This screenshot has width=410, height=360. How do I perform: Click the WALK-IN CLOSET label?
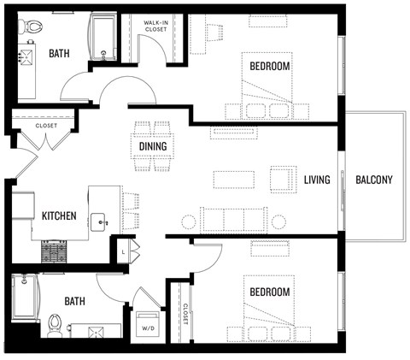pos(155,27)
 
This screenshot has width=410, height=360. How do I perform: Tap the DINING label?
pos(153,146)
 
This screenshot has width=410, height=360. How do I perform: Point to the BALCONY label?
pos(373,180)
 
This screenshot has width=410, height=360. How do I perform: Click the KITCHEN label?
pos(60,215)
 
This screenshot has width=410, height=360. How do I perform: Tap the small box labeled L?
pos(124,251)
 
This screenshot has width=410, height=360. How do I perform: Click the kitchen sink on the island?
pos(103,221)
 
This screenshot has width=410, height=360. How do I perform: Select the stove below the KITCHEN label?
pos(56,251)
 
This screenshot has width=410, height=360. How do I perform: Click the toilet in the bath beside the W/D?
pos(56,323)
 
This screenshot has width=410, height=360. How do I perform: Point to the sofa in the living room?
pos(232,220)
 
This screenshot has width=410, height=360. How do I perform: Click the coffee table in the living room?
pos(233,180)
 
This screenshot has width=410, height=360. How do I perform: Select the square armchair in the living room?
pos(282,179)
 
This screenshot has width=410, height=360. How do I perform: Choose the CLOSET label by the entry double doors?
pos(45,126)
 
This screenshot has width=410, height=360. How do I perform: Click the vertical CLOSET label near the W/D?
pos(183,321)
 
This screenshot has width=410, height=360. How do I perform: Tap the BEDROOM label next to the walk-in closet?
pos(269,67)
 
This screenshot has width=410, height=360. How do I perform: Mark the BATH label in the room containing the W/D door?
pos(75,301)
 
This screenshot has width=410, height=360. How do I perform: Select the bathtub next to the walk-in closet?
pos(105,38)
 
